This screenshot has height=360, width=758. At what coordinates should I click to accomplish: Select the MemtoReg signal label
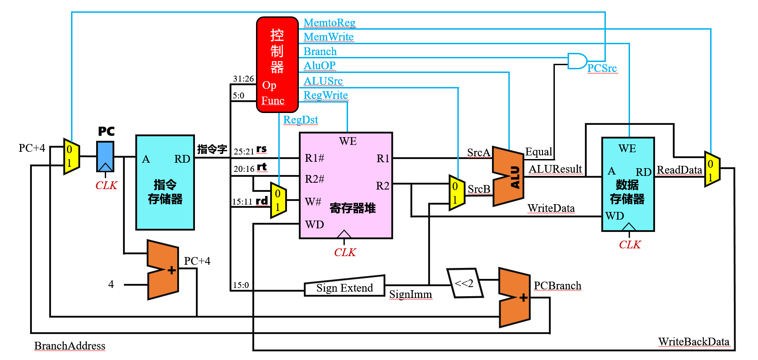tap(329, 23)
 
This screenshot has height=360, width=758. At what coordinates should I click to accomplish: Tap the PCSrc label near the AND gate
tap(602, 68)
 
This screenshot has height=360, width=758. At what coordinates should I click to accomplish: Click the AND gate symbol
tap(577, 61)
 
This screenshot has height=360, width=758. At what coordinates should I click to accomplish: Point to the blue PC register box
tap(105, 156)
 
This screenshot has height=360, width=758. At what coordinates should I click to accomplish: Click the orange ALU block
tap(508, 176)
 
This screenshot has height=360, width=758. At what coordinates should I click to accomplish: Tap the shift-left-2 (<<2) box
tap(465, 283)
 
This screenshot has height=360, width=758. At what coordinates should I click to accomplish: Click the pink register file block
tap(346, 185)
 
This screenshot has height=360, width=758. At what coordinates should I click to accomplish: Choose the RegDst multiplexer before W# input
tap(278, 201)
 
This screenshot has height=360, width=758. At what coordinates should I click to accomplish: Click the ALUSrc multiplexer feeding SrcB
tap(456, 193)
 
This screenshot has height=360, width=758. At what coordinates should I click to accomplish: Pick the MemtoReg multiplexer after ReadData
tap(712, 169)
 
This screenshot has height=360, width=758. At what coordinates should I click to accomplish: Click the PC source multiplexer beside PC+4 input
tap(71, 156)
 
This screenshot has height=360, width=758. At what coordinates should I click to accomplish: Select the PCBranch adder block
tap(515, 298)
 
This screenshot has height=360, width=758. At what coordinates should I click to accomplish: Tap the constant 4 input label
tap(111, 284)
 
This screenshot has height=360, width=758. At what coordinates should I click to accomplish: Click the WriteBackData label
tap(693, 342)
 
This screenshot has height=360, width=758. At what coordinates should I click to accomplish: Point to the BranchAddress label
tap(70, 346)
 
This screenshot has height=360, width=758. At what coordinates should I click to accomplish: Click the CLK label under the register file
tap(345, 252)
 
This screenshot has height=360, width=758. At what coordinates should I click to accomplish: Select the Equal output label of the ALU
tap(538, 152)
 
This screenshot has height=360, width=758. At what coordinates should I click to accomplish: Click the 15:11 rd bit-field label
tap(250, 201)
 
